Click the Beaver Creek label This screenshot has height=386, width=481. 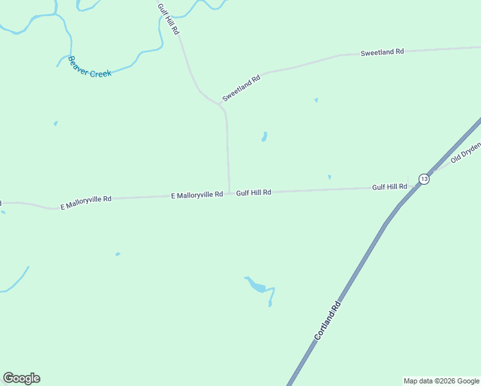click(89, 67)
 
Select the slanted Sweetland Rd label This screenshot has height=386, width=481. click(242, 88)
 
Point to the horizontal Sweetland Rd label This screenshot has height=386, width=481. click(382, 51)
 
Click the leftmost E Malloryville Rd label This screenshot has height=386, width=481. click(86, 203)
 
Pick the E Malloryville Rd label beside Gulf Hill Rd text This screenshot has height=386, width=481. click(197, 194)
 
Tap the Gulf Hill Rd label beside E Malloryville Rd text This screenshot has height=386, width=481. click(253, 192)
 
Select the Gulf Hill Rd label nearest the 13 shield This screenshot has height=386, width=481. click(390, 187)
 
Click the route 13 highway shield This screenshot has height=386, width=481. click(423, 179)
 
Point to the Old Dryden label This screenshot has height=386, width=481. click(466, 152)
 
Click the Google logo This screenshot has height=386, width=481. click(21, 378)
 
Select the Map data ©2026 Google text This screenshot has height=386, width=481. click(441, 381)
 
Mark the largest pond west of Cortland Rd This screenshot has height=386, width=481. click(257, 286)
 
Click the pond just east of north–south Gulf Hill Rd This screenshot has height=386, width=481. click(264, 137)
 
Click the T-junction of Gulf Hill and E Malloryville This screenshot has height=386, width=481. click(229, 192)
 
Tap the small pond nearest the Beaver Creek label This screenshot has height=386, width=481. click(55, 123)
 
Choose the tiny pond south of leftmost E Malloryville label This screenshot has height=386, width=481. click(118, 254)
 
